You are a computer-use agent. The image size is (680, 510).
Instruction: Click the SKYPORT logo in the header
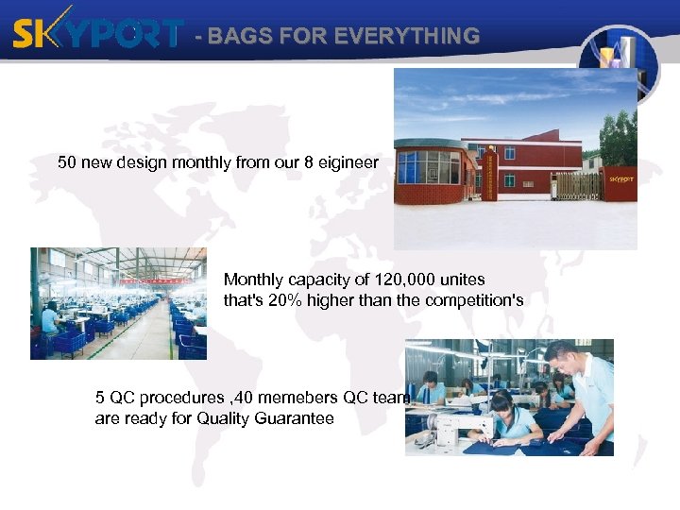click(x=96, y=35)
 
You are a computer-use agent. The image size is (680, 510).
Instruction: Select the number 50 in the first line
click(x=68, y=162)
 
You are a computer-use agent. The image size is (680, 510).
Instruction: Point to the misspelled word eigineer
click(x=348, y=162)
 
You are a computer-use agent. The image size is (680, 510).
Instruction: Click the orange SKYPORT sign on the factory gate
click(x=620, y=178)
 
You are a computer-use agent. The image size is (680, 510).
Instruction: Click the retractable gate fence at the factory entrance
click(x=577, y=185)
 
